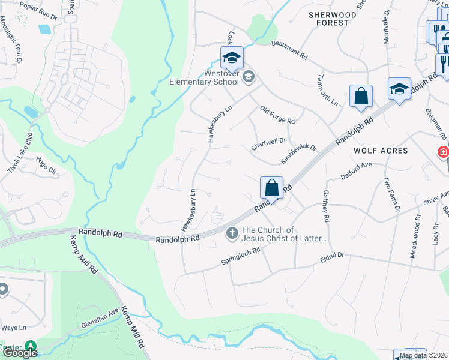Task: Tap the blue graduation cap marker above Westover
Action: (232, 58)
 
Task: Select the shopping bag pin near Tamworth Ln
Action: (361, 97)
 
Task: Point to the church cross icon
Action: (232, 233)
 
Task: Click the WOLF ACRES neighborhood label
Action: (381, 151)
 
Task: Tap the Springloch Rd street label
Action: (240, 257)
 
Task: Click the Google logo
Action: (20, 352)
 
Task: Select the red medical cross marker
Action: (443, 152)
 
